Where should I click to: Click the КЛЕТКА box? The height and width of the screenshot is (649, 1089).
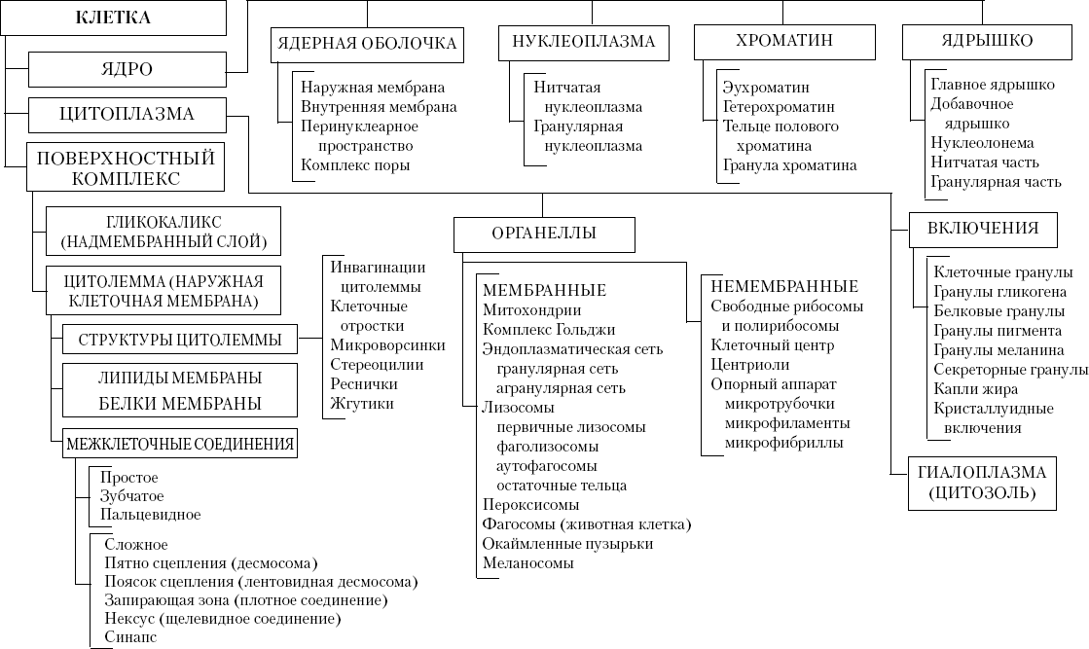(x=114, y=18)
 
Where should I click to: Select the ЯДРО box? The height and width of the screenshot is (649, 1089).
(x=127, y=70)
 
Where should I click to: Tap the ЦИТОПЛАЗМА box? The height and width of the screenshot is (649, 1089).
(x=127, y=115)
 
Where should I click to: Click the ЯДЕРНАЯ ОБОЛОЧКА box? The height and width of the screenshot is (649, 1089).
(x=366, y=44)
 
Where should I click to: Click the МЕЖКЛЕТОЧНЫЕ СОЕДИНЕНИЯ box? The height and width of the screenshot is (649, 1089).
(x=180, y=445)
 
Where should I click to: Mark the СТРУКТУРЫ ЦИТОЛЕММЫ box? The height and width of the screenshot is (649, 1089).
(x=180, y=341)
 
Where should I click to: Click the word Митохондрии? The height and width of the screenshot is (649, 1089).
(x=531, y=310)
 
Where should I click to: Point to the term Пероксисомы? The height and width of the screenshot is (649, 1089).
(x=531, y=505)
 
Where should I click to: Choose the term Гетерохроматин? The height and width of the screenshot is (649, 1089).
(x=779, y=106)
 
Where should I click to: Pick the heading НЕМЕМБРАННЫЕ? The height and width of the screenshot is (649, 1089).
(x=784, y=287)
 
